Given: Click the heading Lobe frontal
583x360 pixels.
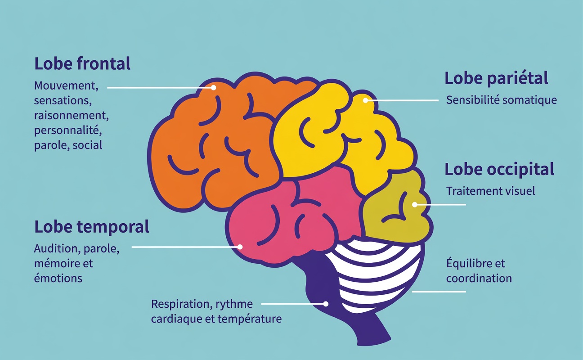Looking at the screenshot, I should pos(82,64).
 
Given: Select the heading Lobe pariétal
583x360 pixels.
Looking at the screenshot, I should pos(496,78).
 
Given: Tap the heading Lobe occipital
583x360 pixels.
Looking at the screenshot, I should pos(499,169).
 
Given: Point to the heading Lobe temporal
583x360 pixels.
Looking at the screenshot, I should pos(91,227).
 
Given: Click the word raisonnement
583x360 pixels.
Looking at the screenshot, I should pos(72,115).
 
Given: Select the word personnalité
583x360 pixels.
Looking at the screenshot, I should pos(68,130).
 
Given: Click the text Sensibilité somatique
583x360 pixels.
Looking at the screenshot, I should pos(501,100).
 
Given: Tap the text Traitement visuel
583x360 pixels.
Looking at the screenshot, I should pos(490,191).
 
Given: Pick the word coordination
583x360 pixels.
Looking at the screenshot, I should pos(479,278).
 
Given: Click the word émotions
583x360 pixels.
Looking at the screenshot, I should pos(58,278).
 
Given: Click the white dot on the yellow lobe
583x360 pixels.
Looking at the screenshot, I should pos(366,100).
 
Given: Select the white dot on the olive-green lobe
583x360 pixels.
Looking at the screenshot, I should pos(415,204).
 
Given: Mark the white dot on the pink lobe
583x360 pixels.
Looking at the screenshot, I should pos(240,247).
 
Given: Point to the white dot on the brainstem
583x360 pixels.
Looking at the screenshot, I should pos(326,304).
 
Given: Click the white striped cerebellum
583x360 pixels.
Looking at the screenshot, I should pos(378,274).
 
